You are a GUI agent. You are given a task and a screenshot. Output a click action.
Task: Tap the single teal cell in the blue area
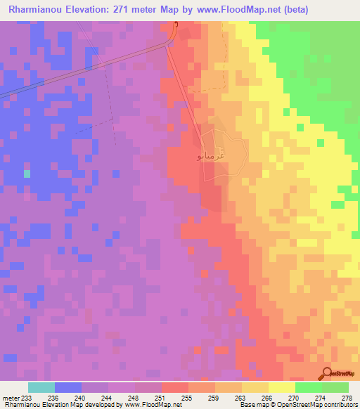(x=27, y=173)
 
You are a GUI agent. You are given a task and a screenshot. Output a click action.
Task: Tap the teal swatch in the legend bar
(x=41, y=387)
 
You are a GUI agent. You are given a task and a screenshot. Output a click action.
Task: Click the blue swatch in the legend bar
(x=68, y=387)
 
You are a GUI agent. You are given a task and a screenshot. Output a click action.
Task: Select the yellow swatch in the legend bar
(x=281, y=387)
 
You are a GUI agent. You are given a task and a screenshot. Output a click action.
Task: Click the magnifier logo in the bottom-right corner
(x=328, y=373)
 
